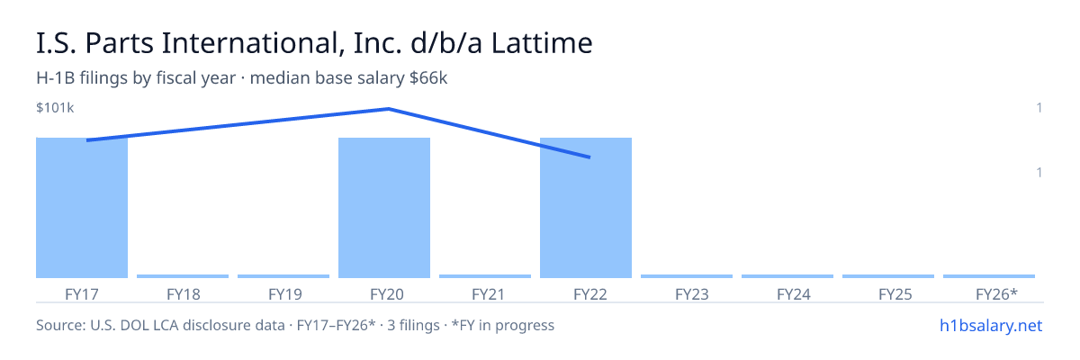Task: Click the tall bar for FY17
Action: [x=82, y=208]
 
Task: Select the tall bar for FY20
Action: [x=384, y=208]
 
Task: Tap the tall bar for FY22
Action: [x=586, y=208]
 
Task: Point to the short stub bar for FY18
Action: [x=183, y=276]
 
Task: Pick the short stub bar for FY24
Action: [x=787, y=276]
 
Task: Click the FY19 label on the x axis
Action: [x=285, y=294]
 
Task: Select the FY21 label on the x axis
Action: [x=488, y=294]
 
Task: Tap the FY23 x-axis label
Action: [x=692, y=294]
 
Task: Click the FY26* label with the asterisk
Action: [x=996, y=294]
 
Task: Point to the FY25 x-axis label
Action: [x=895, y=294]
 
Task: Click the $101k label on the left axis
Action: [x=55, y=108]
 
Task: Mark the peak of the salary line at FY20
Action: [x=389, y=109]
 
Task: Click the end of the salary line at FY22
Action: [x=589, y=157]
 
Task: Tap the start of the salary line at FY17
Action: [x=87, y=140]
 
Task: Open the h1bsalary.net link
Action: [x=991, y=326]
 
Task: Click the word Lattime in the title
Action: [x=542, y=43]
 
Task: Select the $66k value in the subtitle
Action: [x=428, y=78]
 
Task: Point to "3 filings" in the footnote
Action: [x=413, y=326]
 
